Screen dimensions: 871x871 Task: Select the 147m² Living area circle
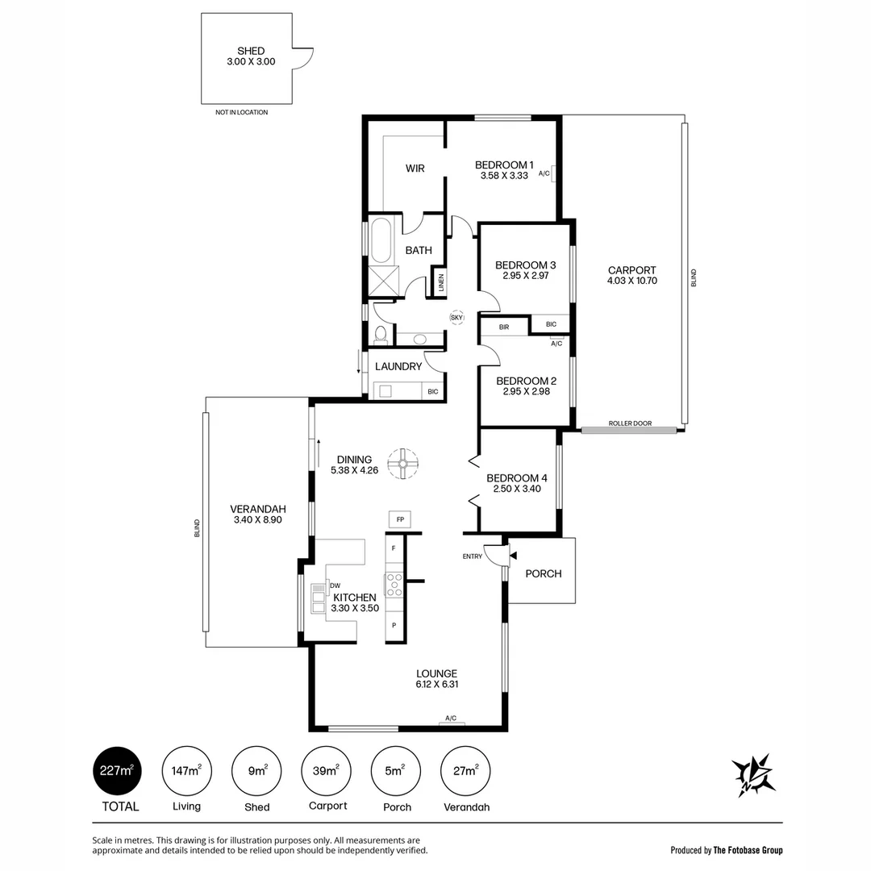click(x=187, y=771)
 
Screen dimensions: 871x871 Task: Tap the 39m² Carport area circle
click(x=326, y=771)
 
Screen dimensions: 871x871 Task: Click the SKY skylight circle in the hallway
click(x=457, y=318)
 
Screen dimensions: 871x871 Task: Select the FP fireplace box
click(x=400, y=519)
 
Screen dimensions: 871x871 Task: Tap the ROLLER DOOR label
click(x=630, y=423)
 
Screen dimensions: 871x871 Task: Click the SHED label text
click(x=251, y=51)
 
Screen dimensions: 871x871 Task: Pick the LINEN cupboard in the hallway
click(x=440, y=282)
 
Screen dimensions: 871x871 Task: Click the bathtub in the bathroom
click(x=381, y=239)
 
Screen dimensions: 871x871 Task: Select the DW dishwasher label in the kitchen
click(x=335, y=586)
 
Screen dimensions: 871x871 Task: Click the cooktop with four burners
click(x=394, y=584)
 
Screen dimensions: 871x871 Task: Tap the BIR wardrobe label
click(x=504, y=327)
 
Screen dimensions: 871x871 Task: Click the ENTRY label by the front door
click(x=473, y=556)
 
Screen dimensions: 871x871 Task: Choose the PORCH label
click(x=543, y=573)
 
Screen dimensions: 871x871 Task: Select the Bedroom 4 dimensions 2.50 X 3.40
click(x=517, y=489)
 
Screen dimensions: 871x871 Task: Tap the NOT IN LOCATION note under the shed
click(x=241, y=112)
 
